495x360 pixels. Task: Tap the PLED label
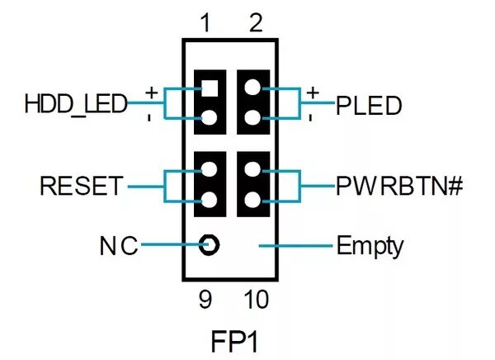(x=369, y=106)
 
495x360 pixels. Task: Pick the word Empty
(x=370, y=245)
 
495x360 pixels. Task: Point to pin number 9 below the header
(x=206, y=300)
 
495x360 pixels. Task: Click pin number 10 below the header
(x=256, y=300)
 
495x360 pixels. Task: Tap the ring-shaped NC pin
(x=210, y=245)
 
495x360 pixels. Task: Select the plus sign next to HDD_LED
(x=151, y=92)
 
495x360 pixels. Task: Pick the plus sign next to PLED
(x=312, y=92)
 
